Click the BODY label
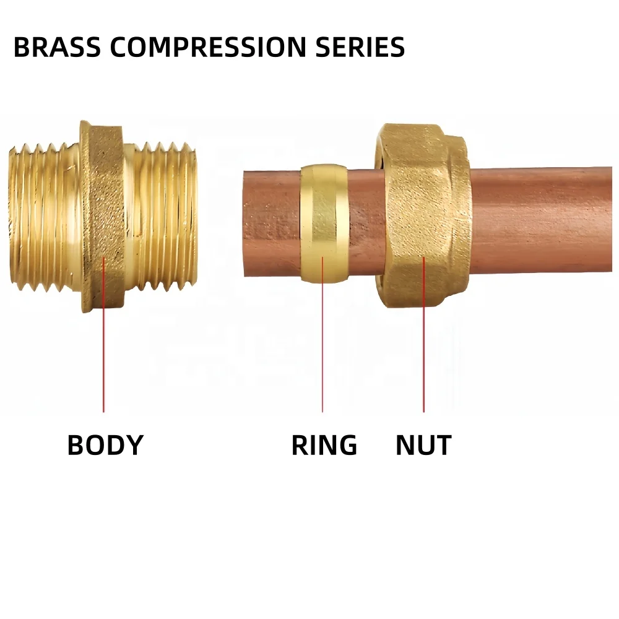coord(105,445)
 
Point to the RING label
coord(324,445)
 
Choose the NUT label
coord(423,445)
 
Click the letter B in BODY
coord(76,445)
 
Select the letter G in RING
coord(347,445)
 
